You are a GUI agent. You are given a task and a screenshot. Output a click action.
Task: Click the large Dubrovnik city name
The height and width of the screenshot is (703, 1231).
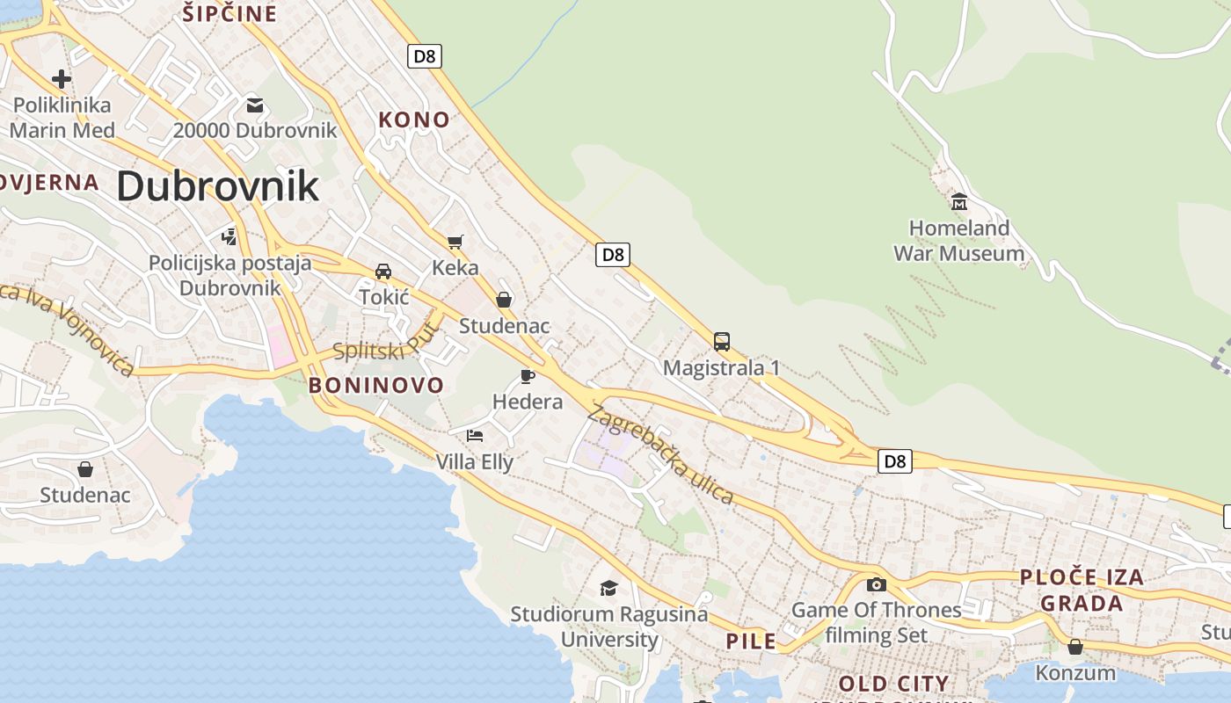[x=217, y=186]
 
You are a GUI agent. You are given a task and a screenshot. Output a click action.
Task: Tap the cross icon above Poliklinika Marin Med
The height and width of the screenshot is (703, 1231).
[x=61, y=79]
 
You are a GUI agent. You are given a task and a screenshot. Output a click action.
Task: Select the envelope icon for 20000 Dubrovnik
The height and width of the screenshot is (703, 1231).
[x=255, y=105]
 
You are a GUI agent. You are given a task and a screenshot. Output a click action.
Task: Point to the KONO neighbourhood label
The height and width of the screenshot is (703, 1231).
[x=413, y=120]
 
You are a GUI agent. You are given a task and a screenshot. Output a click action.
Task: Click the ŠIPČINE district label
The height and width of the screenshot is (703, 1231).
[x=229, y=13]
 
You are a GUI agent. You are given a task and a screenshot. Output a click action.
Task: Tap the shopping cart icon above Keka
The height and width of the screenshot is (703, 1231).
[x=455, y=242]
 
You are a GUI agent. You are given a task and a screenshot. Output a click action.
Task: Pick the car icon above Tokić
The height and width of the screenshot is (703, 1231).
[x=383, y=271]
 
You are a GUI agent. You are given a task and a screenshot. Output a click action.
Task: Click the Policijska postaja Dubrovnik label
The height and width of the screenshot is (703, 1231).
[x=229, y=275]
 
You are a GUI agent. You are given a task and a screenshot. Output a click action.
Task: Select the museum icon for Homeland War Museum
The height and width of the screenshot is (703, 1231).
[x=958, y=203]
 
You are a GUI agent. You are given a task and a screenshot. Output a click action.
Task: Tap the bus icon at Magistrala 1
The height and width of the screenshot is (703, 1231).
[x=721, y=341]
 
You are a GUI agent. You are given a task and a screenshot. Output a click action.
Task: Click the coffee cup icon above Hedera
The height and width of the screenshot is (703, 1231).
[x=527, y=376]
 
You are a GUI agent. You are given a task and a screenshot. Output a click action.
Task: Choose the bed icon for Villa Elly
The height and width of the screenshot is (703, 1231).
[x=475, y=435]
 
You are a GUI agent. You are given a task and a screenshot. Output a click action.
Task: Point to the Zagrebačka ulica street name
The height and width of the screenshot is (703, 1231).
[x=661, y=453]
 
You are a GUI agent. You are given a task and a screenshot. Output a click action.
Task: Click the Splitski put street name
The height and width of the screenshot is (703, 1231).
[x=386, y=342]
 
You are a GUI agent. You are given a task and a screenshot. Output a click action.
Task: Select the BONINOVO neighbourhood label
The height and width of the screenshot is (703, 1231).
[x=375, y=385]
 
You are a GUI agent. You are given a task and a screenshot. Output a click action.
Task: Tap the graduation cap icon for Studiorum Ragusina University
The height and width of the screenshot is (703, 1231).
[x=608, y=588]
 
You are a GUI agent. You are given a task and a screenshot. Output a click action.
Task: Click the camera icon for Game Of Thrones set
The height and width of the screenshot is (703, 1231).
[x=876, y=584]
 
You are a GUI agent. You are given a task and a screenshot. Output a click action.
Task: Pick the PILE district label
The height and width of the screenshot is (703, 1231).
[x=751, y=641]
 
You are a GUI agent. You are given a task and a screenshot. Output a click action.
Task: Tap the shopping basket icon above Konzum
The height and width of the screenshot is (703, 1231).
[x=1074, y=647]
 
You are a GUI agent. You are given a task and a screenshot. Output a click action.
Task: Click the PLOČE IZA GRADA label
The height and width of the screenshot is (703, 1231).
[x=1082, y=590]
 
